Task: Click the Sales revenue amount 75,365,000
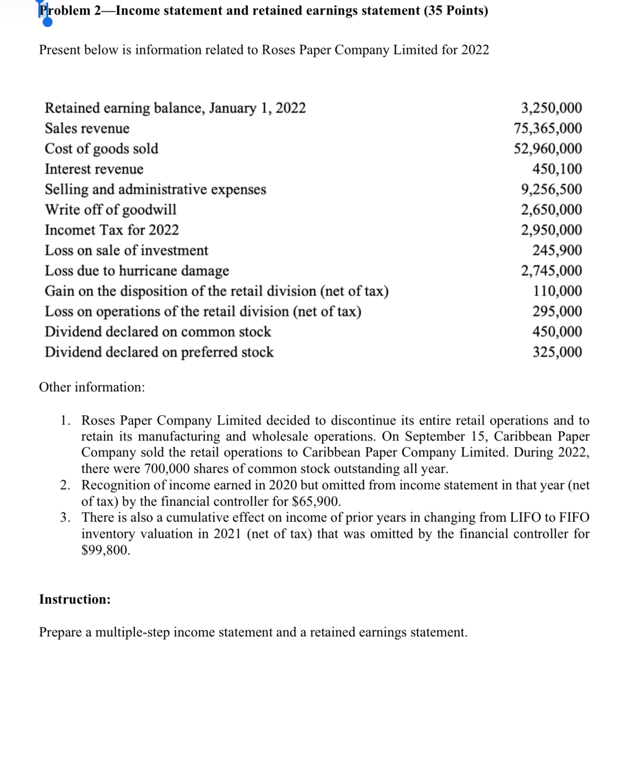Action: pos(548,128)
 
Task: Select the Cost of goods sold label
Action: pos(102,149)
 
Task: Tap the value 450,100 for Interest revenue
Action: pos(557,169)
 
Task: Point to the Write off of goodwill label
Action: pos(110,210)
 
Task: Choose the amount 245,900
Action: pos(557,251)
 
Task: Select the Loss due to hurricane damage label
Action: pos(137,271)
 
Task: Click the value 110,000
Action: pos(558,291)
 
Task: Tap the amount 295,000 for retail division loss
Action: pos(557,312)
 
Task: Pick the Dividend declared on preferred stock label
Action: pos(159,352)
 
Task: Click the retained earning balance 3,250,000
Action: pos(552,108)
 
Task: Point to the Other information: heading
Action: pos(92,387)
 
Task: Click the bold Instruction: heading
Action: pos(75,600)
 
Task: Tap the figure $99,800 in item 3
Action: pos(105,550)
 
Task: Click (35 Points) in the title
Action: pos(456,11)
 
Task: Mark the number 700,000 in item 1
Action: pos(166,469)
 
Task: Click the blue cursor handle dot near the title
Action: pos(47,22)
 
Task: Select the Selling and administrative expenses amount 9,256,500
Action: pos(552,189)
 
